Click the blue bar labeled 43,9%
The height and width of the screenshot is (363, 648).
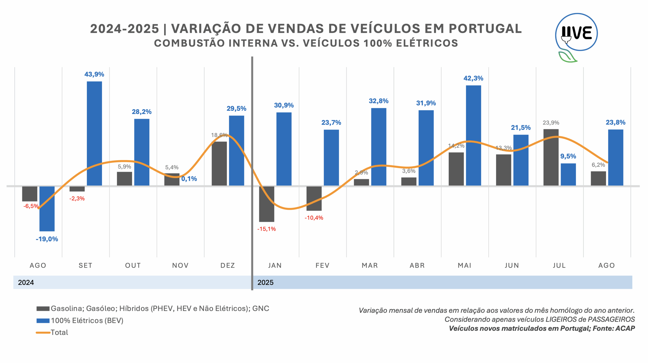[x=94, y=133]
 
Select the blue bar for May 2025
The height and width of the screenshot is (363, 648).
[x=473, y=135]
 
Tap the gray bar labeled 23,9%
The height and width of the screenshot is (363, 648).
[x=551, y=157]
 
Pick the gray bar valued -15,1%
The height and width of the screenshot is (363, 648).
[x=266, y=204]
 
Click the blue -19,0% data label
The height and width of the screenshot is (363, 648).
[x=47, y=239]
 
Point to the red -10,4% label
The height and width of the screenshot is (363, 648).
[x=314, y=218]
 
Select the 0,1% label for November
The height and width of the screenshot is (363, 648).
[x=189, y=179]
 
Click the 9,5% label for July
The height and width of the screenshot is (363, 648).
[x=568, y=156]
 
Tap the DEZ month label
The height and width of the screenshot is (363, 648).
[x=228, y=265]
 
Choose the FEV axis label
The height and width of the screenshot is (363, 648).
[x=322, y=265]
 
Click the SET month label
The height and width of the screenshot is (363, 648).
[x=85, y=265]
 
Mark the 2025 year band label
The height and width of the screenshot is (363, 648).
[x=265, y=282]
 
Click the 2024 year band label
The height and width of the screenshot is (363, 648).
[x=26, y=282]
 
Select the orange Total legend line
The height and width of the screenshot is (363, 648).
[x=43, y=332]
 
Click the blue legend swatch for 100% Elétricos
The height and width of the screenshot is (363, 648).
[x=43, y=321]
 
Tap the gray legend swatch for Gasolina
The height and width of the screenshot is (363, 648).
[x=43, y=309]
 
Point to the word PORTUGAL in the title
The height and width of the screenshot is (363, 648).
[x=485, y=29]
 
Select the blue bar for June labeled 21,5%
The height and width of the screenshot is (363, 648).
[x=521, y=160]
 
